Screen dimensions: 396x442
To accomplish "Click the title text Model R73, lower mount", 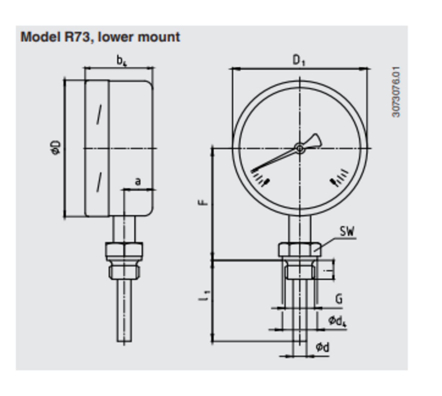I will (100, 37).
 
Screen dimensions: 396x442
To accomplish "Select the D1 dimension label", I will (299, 60).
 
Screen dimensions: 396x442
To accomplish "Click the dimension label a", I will (138, 181).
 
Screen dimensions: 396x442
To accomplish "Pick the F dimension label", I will (203, 203).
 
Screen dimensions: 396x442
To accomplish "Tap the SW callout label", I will (347, 231).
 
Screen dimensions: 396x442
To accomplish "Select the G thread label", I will (339, 299).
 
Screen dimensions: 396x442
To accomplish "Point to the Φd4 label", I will (337, 321).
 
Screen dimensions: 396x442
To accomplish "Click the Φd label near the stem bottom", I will (322, 347).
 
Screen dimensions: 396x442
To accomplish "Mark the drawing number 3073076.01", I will (396, 92).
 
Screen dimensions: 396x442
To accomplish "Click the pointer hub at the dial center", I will (300, 148).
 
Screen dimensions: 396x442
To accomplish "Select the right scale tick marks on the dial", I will (339, 178).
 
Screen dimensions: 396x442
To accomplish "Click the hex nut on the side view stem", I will (124, 251).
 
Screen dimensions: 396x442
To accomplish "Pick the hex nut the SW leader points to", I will (299, 249).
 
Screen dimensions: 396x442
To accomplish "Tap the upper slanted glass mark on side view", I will (100, 114).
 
